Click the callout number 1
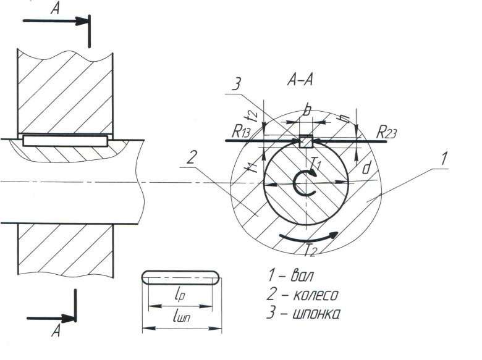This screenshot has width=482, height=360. point(444,158)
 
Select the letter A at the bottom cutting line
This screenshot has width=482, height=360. point(56,331)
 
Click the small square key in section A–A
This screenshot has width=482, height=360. point(305,141)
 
